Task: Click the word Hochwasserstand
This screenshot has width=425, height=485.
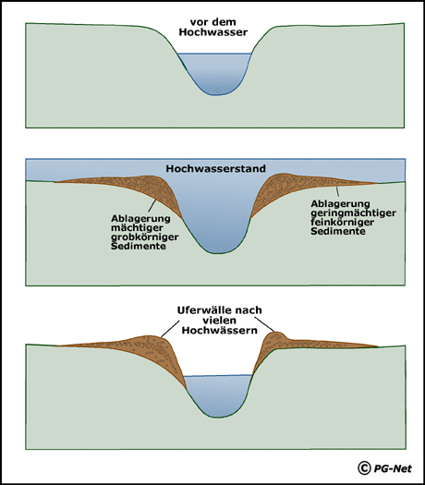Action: [x=216, y=168]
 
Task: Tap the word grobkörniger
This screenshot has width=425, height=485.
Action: [x=145, y=237]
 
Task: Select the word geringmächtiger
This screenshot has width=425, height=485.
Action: [x=353, y=213]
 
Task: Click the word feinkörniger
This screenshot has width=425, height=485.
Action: [x=343, y=222]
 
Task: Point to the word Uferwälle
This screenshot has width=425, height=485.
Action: [x=204, y=309]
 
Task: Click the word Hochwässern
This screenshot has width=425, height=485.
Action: [x=220, y=330]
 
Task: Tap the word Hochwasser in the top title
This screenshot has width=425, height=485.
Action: [x=213, y=32]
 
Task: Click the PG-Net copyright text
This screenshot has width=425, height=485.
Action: [x=393, y=468]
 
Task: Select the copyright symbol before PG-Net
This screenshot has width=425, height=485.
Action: [x=364, y=468]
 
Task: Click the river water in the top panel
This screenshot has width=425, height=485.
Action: [x=214, y=73]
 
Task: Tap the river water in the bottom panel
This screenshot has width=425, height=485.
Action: [x=218, y=394]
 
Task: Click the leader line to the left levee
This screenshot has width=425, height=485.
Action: [x=170, y=329]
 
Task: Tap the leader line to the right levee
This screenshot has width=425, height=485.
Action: [x=264, y=324]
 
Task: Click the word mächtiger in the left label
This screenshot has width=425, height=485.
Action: [x=137, y=228]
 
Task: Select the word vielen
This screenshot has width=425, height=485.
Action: [x=219, y=321]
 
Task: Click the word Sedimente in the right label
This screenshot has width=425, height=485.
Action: [x=338, y=231]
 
